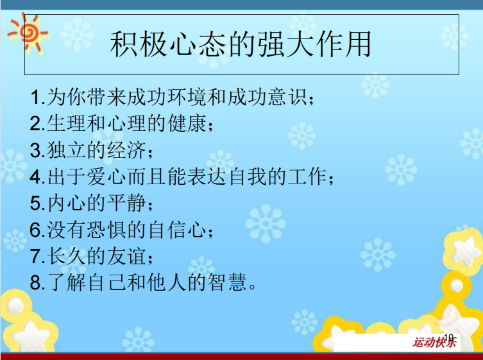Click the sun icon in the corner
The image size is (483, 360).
pos(28,33)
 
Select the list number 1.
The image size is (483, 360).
pos(35,97)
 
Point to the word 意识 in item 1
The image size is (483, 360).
pos(287,97)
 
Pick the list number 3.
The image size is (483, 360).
pos(35,150)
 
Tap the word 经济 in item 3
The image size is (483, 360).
pos(126,150)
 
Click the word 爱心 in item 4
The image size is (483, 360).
pos(106,176)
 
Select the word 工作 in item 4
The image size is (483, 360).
pos(307,176)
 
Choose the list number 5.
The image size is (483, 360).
pos(35,203)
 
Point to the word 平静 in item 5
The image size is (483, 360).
pos(126,203)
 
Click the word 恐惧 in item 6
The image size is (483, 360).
pos(106,230)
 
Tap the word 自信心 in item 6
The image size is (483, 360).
pos(177,230)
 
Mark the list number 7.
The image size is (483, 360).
pos(35,257)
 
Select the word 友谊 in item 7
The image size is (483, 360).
pos(126,256)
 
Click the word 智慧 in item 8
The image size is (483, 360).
pos(227,282)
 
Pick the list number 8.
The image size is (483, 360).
pos(35,283)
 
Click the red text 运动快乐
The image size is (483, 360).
pos(434,342)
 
